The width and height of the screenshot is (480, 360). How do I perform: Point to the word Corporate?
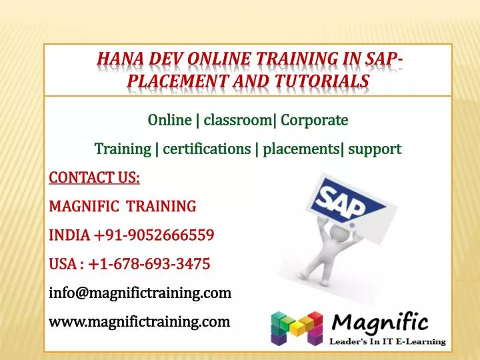pyautogui.click(x=315, y=121)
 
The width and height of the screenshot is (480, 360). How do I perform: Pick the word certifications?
pyautogui.click(x=206, y=149)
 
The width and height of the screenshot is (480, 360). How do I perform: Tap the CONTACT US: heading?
pyautogui.click(x=95, y=177)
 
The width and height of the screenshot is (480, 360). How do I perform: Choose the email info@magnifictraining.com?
pyautogui.click(x=140, y=293)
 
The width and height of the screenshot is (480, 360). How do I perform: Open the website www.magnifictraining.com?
pyautogui.click(x=139, y=322)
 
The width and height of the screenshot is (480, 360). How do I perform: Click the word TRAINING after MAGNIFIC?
pyautogui.click(x=161, y=206)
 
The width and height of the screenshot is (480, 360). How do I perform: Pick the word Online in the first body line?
pyautogui.click(x=169, y=121)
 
